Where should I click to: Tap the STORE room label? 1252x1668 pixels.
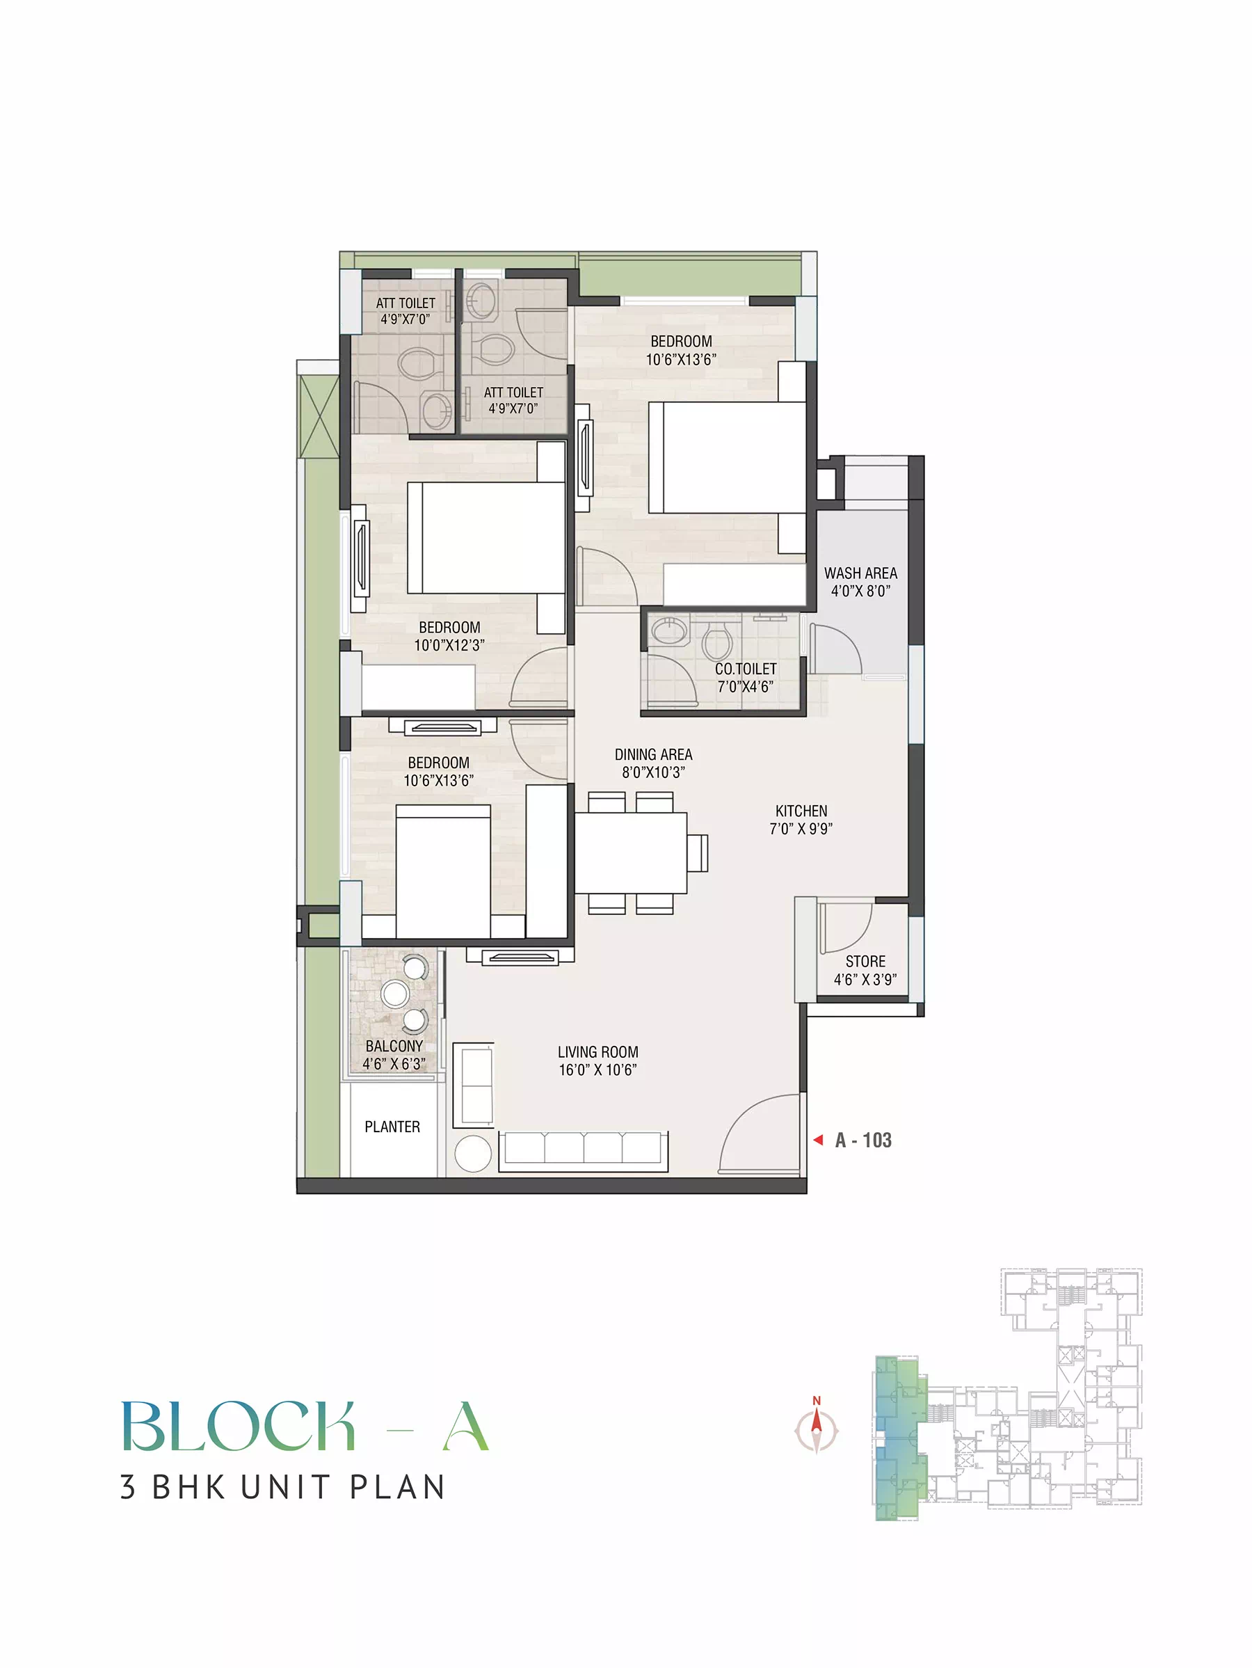865,962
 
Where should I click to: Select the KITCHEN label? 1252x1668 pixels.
801,811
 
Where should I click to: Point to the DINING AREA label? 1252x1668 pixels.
654,754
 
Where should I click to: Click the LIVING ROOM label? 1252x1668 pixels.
597,1052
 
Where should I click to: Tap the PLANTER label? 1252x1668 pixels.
392,1127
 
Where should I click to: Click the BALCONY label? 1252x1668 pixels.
394,1046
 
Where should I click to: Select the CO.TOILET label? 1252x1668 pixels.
746,669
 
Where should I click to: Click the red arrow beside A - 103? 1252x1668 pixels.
818,1140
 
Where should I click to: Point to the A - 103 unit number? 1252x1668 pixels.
863,1140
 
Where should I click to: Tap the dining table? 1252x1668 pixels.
631,852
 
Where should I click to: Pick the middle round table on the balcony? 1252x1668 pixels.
396,993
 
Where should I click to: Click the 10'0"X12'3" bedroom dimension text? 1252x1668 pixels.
449,646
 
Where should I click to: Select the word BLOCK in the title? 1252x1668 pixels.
238,1426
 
